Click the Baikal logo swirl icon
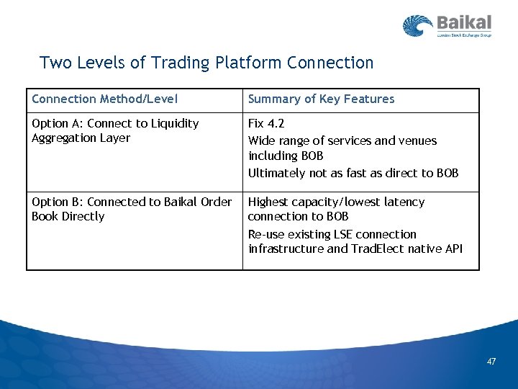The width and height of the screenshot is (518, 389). coord(417,27)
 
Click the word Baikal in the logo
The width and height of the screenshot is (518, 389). coord(463,22)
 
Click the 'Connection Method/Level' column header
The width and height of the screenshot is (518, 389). coord(105,99)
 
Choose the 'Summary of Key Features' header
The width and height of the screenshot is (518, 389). coord(321,99)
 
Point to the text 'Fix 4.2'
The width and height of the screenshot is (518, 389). coord(266,124)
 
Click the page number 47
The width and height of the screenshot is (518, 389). coord(491,362)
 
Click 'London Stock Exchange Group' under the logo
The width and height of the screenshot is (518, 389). coord(463,35)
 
